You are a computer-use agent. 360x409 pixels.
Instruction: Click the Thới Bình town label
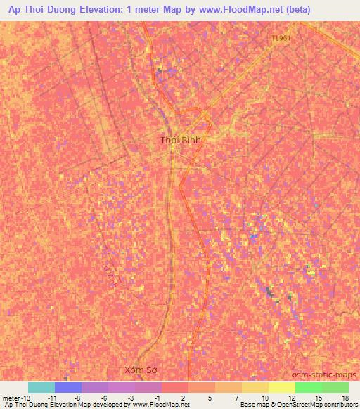[181, 141]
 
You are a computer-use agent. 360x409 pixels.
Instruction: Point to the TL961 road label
[281, 39]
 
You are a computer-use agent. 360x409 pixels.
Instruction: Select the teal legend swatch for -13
[41, 387]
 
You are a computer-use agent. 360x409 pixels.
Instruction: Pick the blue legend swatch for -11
[68, 387]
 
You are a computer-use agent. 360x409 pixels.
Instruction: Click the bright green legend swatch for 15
[309, 387]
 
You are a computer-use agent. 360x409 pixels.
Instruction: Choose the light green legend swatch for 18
[335, 387]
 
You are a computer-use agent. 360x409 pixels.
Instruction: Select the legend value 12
[290, 397]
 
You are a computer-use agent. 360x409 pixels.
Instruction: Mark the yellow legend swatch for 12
[282, 387]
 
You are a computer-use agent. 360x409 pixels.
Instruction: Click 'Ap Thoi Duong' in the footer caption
[25, 405]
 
